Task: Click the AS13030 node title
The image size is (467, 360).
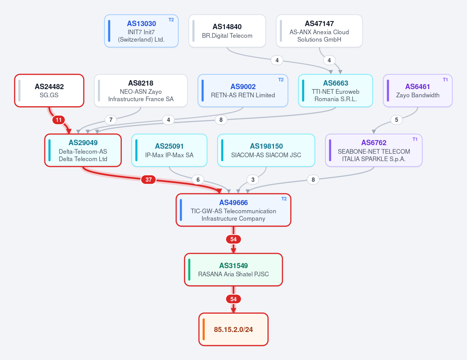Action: [141, 23]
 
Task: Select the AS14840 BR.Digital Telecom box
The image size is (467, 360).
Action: [227, 31]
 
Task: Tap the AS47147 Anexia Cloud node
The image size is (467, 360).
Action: [319, 31]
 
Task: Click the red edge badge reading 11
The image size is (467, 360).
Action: [59, 120]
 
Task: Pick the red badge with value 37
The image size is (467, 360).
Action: [149, 179]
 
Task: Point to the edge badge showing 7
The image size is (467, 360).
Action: [111, 120]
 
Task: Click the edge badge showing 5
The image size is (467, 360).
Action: [397, 120]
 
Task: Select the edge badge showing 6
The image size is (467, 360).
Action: [198, 179]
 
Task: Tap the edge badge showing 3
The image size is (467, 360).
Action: [253, 179]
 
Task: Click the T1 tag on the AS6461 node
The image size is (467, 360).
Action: [445, 80]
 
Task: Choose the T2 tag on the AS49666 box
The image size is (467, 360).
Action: [284, 199]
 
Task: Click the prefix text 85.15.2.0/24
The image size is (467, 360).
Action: [233, 330]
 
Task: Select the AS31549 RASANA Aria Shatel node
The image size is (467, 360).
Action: [233, 270]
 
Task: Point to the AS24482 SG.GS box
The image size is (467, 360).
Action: [49, 90]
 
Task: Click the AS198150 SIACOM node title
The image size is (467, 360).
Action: [266, 146]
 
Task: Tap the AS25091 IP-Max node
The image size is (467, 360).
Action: [169, 150]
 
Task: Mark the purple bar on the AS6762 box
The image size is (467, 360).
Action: [330, 150]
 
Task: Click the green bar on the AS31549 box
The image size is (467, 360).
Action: [190, 270]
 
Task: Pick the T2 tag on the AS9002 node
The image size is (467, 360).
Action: [281, 80]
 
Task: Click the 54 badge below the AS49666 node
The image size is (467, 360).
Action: [233, 239]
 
